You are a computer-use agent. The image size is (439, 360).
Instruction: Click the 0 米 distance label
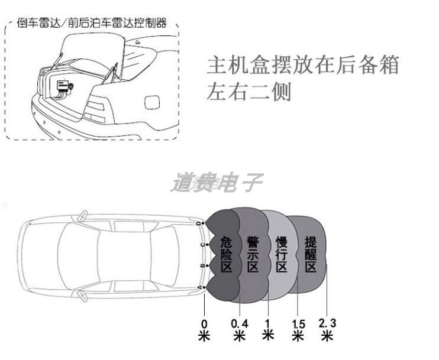pyautogui.click(x=204, y=329)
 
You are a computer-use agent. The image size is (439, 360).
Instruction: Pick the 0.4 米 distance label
pyautogui.click(x=240, y=330)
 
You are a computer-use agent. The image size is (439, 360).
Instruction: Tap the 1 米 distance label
pyautogui.click(x=268, y=329)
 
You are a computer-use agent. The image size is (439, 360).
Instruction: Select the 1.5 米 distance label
pyautogui.click(x=298, y=330)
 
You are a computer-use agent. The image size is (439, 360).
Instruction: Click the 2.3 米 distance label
pyautogui.click(x=327, y=329)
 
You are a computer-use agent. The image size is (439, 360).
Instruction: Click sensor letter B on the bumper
pyautogui.click(x=202, y=266)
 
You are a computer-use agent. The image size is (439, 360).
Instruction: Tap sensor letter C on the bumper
pyautogui.click(x=202, y=244)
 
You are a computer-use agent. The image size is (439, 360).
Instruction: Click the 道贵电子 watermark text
pyautogui.click(x=217, y=183)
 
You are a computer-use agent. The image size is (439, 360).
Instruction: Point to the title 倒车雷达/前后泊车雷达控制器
pyautogui.click(x=92, y=24)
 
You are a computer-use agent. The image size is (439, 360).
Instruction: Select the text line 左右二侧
pyautogui.click(x=249, y=93)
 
